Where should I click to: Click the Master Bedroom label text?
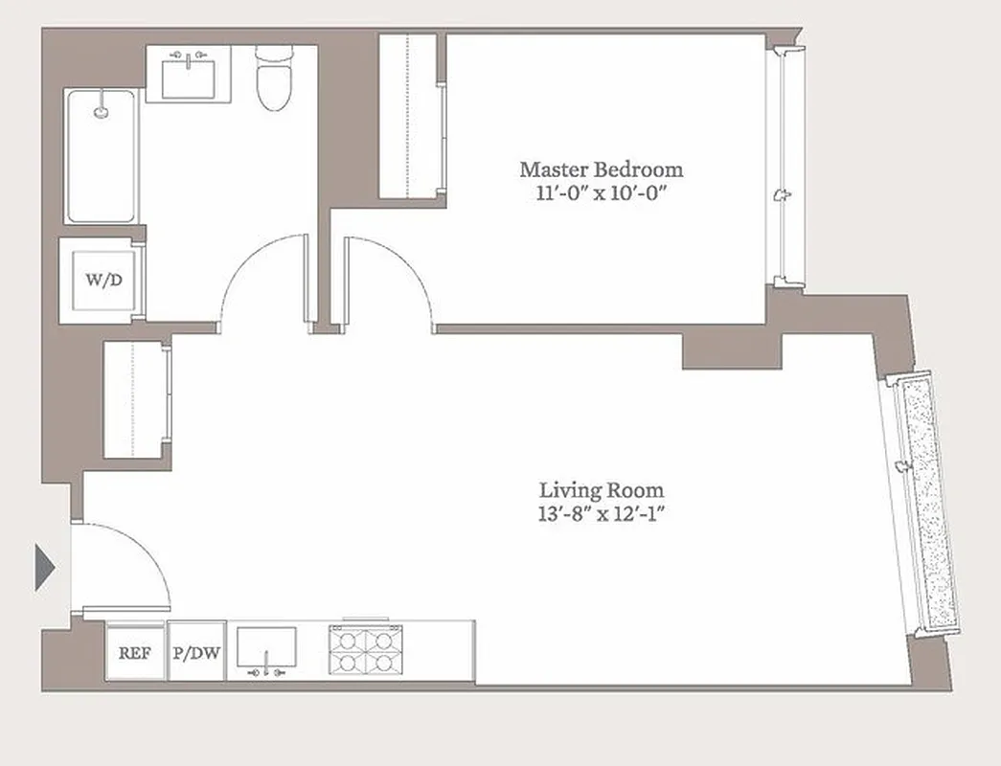click(x=602, y=169)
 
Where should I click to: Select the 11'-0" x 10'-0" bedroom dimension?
click(x=602, y=192)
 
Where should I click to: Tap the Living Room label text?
click(x=601, y=490)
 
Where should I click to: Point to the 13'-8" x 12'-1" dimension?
click(x=601, y=514)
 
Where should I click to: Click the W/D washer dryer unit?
click(x=103, y=281)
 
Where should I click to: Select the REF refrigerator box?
click(x=134, y=653)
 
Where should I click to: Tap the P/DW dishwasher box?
click(x=196, y=653)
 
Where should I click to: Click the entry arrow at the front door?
click(x=44, y=567)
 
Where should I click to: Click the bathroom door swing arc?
click(x=263, y=282)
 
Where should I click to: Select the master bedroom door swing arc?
click(x=388, y=282)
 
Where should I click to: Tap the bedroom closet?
click(x=409, y=115)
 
